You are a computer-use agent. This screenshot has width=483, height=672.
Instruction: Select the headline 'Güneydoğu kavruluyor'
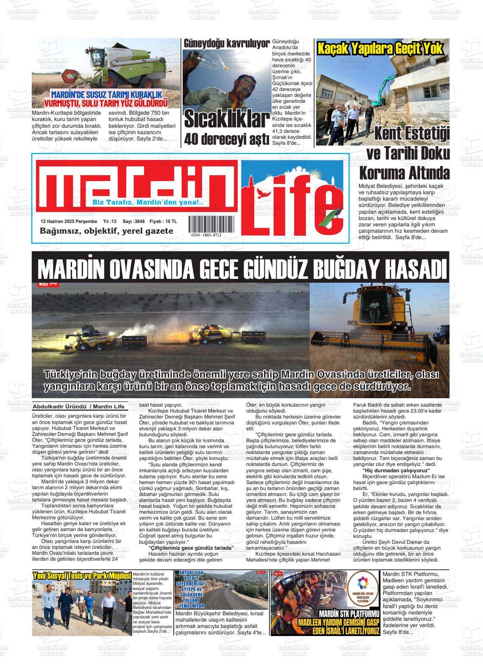click(x=227, y=44)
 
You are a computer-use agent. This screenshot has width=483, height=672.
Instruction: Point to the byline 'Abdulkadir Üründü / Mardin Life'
click(x=79, y=407)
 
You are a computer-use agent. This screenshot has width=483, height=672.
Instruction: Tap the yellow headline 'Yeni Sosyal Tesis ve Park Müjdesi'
click(x=82, y=576)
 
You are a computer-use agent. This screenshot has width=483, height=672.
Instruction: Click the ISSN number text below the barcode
click(x=206, y=235)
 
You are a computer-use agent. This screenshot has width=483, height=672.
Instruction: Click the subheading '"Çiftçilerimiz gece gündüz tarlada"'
click(x=191, y=548)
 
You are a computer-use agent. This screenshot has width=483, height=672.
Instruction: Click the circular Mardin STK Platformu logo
click(x=362, y=585)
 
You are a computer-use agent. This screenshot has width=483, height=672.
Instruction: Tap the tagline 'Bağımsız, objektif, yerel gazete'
click(x=106, y=231)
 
